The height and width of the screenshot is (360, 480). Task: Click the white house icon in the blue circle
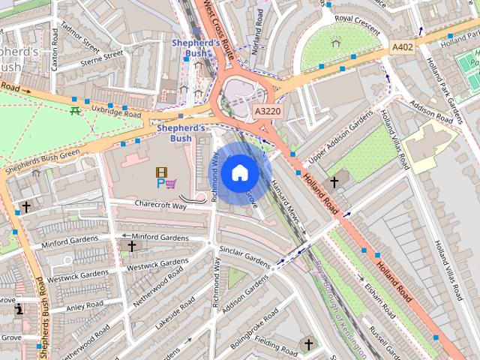pyautogui.click(x=239, y=173)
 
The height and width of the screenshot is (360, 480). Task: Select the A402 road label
pyautogui.click(x=403, y=47)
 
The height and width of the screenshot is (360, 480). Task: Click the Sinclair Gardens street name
pyautogui.click(x=244, y=256)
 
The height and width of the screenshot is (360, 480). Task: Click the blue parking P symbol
pyautogui.click(x=160, y=183)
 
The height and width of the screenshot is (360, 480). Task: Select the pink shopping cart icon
pyautogui.click(x=172, y=183)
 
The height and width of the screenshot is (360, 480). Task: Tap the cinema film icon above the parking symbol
pyautogui.click(x=160, y=172)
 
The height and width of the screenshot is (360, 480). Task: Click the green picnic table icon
pyautogui.click(x=75, y=111)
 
